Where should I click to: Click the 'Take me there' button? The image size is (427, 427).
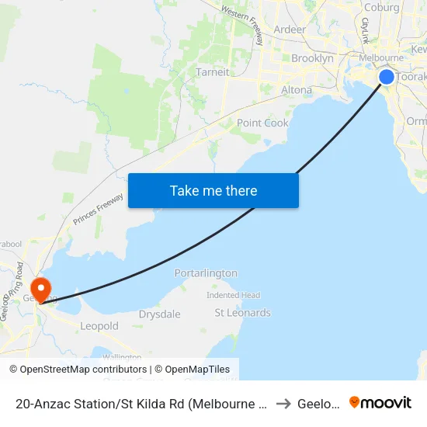[213, 190]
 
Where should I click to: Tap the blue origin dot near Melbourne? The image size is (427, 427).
[386, 77]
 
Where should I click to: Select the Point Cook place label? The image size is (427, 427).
[262, 123]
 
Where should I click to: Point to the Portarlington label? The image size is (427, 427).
[206, 273]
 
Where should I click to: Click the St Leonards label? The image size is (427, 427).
[242, 313]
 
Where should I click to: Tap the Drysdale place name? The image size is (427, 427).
[159, 314]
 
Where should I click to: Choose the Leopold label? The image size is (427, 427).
[99, 326]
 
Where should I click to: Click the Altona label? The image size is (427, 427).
[296, 90]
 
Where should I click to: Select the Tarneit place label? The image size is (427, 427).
[212, 72]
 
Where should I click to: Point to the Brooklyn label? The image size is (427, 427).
[312, 58]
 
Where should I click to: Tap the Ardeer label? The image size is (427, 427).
[290, 30]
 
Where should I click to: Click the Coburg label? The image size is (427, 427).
[381, 8]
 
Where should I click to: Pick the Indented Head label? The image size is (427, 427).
[233, 295]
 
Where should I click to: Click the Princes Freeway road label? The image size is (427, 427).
[98, 210]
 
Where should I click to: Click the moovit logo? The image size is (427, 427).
[380, 402]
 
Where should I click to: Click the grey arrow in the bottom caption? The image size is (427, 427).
[283, 403]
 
